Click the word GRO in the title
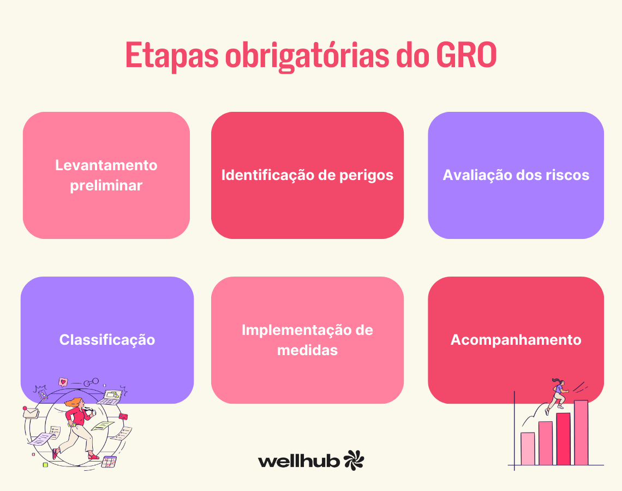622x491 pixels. (x=466, y=55)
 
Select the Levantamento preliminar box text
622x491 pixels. (x=106, y=175)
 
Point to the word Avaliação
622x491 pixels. (x=476, y=175)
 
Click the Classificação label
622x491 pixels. (x=107, y=340)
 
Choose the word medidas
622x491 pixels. (x=307, y=350)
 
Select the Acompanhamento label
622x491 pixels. (x=516, y=340)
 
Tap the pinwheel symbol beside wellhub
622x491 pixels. (x=354, y=460)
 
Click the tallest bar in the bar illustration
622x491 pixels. (x=581, y=432)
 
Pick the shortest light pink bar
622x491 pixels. (x=528, y=448)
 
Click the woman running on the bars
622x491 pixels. (x=557, y=394)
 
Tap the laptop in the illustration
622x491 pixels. (x=112, y=396)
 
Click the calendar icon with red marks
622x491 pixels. (x=109, y=462)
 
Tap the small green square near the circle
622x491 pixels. (x=46, y=464)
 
